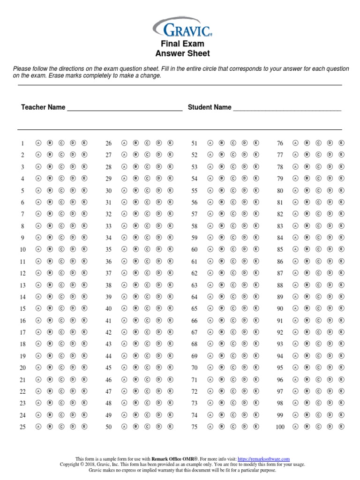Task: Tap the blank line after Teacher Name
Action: point(125,109)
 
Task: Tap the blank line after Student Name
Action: point(287,109)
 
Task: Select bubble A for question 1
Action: point(39,143)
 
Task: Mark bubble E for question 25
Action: point(84,427)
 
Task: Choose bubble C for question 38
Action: point(147,285)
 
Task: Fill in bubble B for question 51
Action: point(222,143)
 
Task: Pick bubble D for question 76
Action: point(330,143)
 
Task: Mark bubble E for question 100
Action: point(341,427)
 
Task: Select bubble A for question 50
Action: point(124,427)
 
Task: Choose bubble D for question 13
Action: point(73,285)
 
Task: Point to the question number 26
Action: point(109,143)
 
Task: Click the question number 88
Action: point(280,285)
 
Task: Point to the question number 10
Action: point(23,249)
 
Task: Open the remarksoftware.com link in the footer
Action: point(263,458)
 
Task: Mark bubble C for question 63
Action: point(233,285)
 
